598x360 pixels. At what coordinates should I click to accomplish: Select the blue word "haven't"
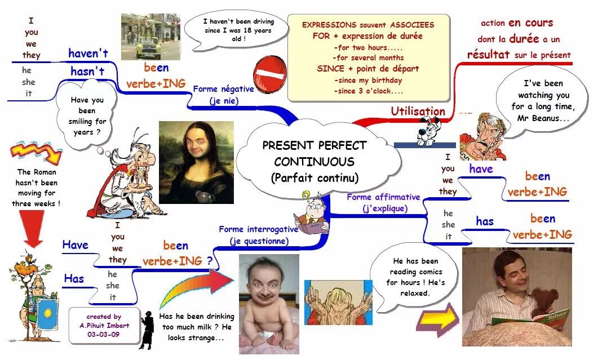[x=88, y=54]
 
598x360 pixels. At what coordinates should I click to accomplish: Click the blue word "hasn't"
[x=87, y=72]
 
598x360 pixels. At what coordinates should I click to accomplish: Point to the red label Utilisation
[x=418, y=112]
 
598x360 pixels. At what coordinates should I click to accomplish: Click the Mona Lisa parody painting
[x=196, y=162]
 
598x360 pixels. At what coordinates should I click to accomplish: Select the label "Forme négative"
[x=223, y=89]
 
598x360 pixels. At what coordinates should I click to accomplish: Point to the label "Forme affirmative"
[x=383, y=197]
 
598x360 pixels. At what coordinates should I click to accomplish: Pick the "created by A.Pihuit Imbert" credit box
[x=104, y=325]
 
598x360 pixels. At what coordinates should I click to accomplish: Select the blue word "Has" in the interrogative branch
[x=74, y=278]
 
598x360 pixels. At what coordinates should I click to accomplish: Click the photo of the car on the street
[x=150, y=36]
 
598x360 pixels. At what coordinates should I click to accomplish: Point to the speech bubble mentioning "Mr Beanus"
[x=542, y=101]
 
